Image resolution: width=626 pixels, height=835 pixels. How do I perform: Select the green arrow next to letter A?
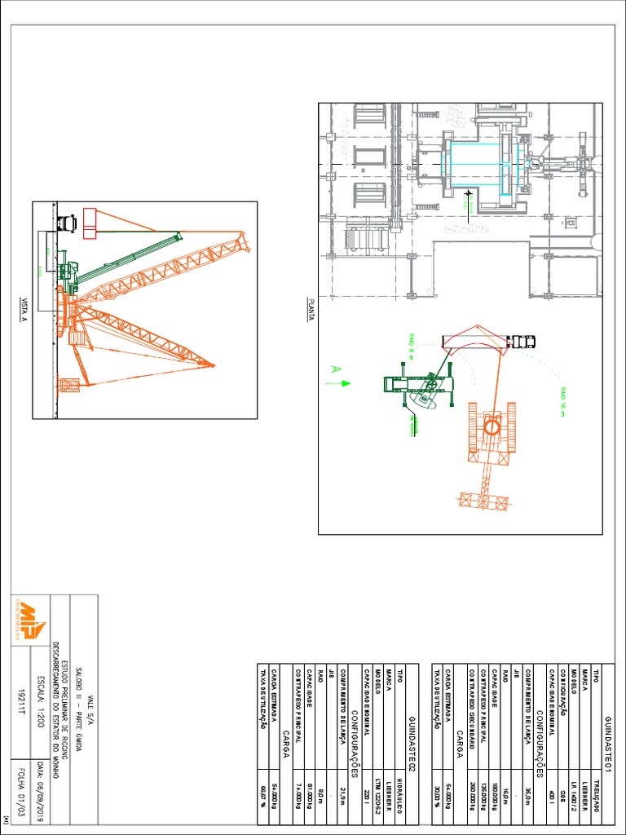344,382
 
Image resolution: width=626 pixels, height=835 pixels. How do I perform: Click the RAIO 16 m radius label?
562,400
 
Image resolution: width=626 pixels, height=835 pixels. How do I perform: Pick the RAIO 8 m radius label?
411,346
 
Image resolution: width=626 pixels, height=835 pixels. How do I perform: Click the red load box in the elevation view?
90,223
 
